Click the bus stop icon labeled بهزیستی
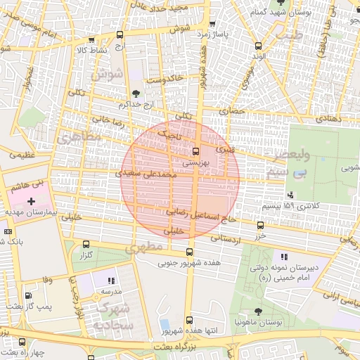pyautogui.click(x=195, y=150)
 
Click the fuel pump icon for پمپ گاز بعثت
pyautogui.click(x=28, y=296)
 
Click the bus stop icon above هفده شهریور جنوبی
pyautogui.click(x=189, y=252)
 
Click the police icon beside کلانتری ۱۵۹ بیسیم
pyautogui.click(x=290, y=195)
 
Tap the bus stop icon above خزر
pyautogui.click(x=260, y=226)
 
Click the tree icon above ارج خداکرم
pyautogui.click(x=135, y=94)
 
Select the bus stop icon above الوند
pyautogui.click(x=258, y=45)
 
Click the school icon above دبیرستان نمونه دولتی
pyautogui.click(x=284, y=257)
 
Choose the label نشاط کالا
pyautogui.click(x=91, y=50)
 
